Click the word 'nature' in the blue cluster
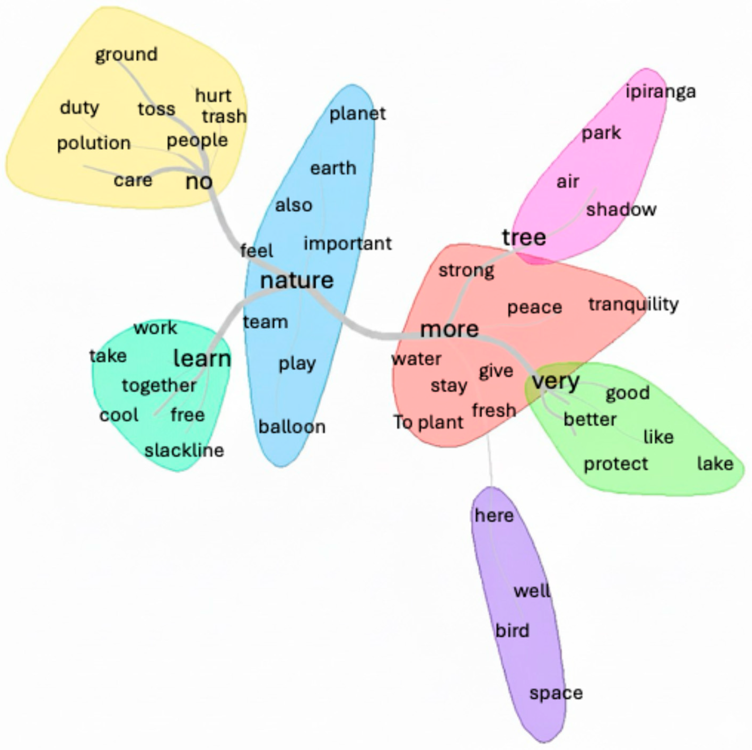[x=297, y=281]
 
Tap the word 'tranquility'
[x=633, y=304]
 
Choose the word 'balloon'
[x=292, y=427]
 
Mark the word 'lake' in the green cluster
[x=715, y=464]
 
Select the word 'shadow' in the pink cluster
[x=621, y=210]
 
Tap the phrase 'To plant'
[x=428, y=422]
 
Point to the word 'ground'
[x=126, y=55]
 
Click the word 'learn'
[x=202, y=359]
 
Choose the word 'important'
[x=348, y=244]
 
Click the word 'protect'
[x=616, y=464]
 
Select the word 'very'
[x=555, y=381]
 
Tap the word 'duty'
[x=80, y=108]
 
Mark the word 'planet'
[x=357, y=114]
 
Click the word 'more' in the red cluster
[x=450, y=330]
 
